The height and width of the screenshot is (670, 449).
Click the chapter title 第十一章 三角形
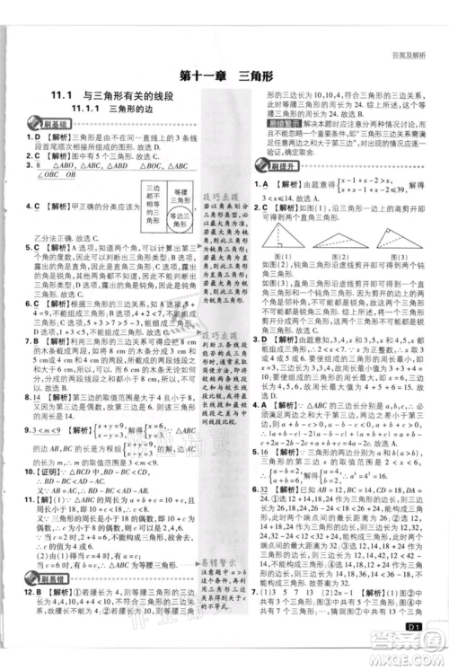(224, 76)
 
